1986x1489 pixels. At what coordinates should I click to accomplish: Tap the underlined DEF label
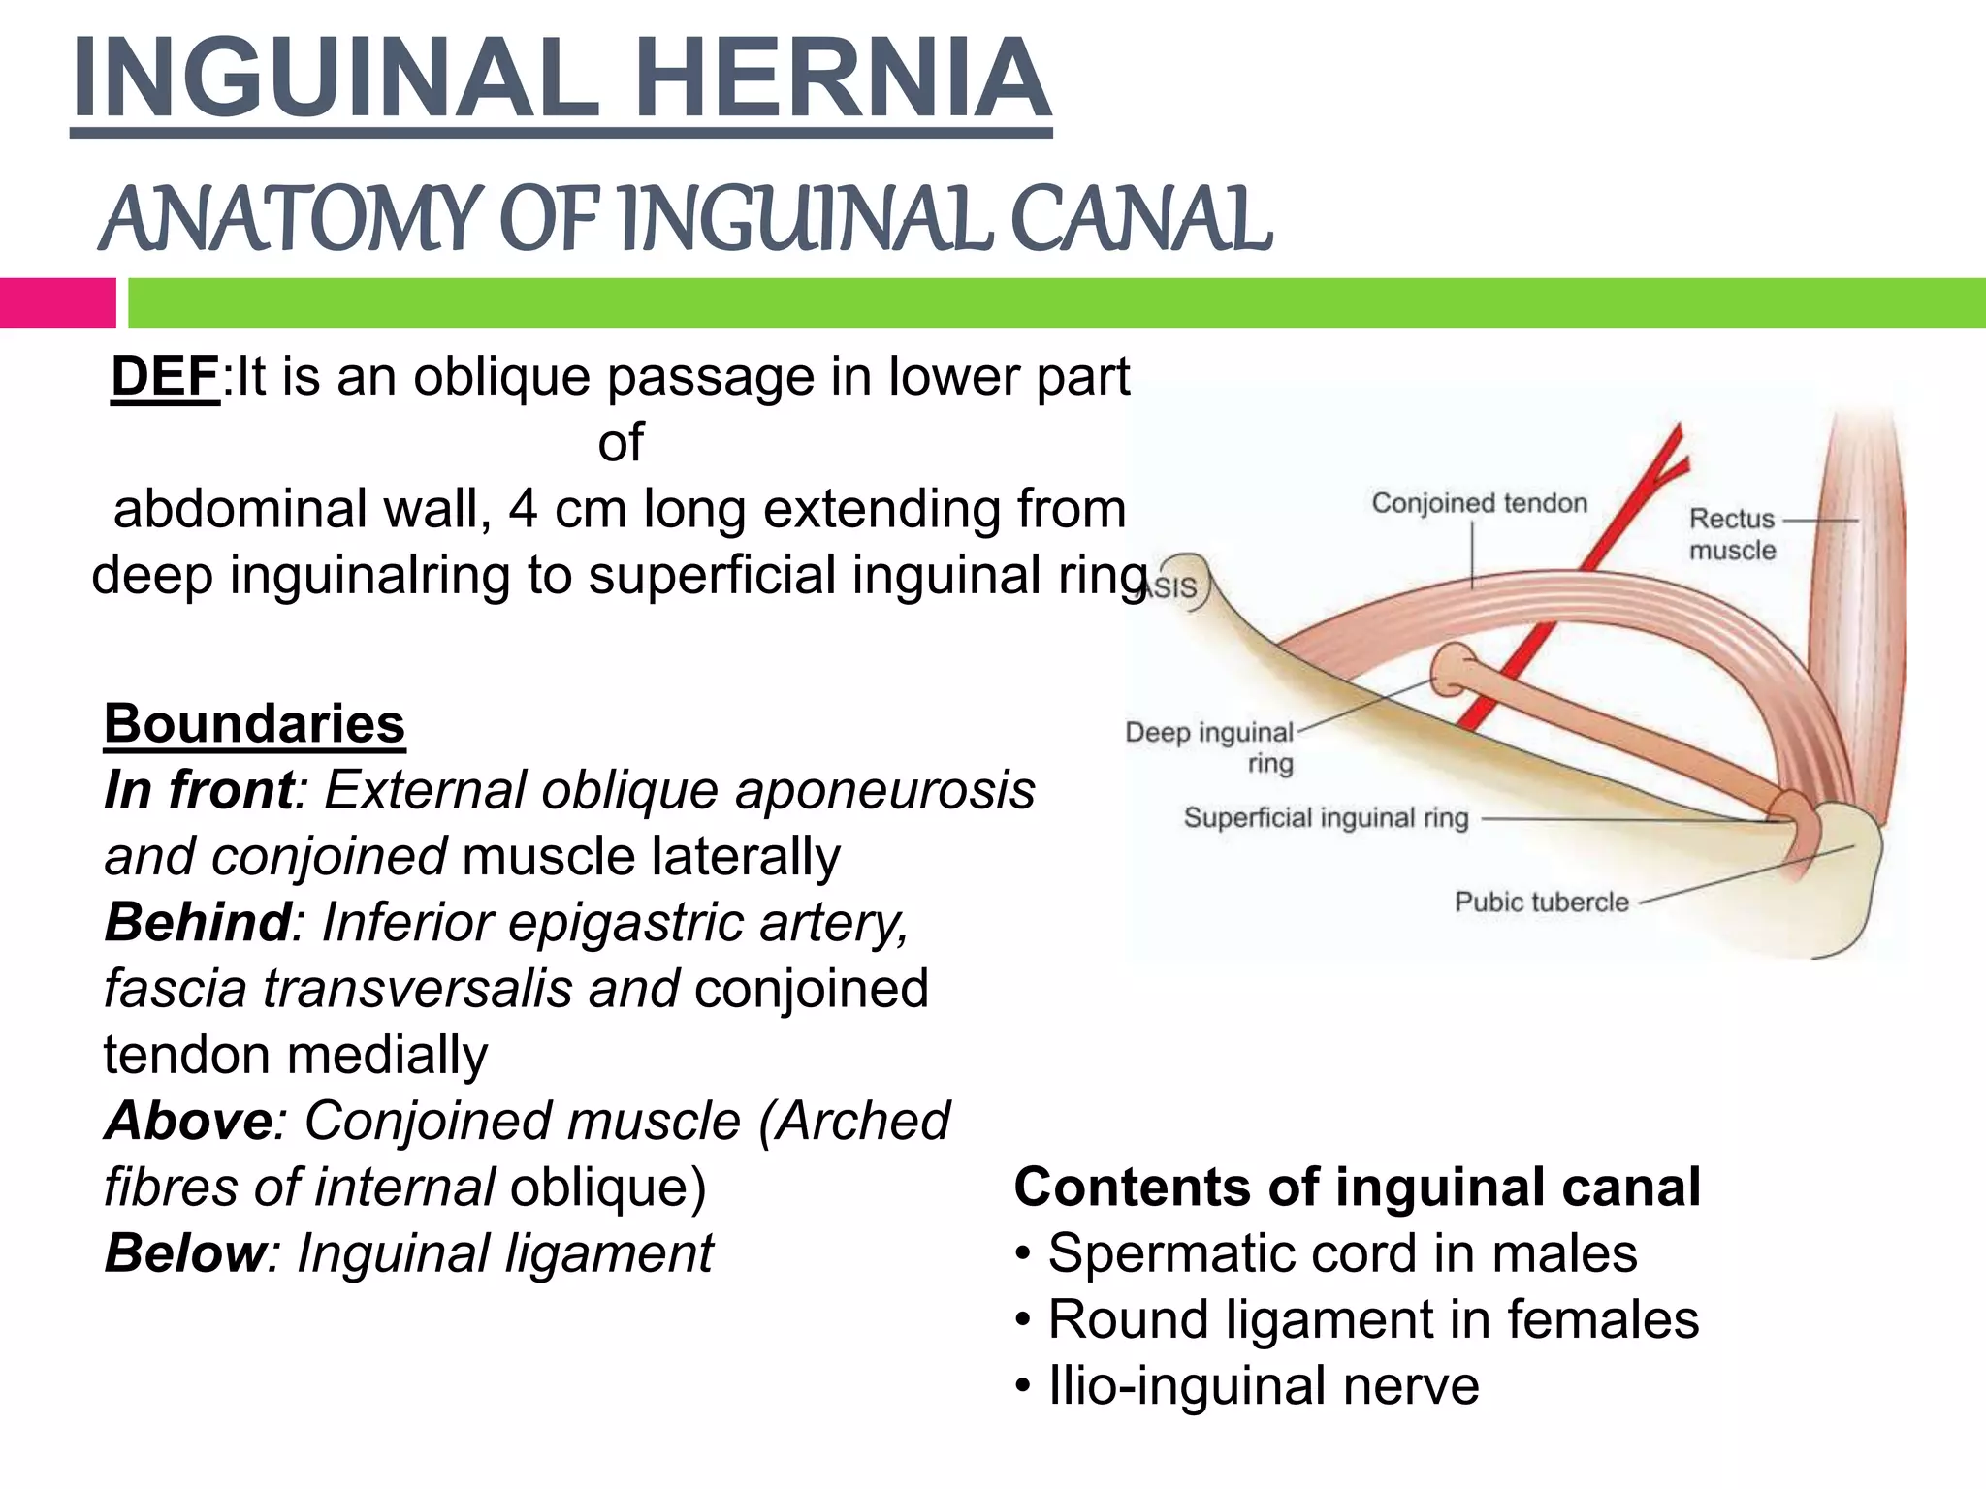point(165,376)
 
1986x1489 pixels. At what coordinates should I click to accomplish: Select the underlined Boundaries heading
point(254,723)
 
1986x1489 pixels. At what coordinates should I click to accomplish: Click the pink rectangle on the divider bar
point(57,302)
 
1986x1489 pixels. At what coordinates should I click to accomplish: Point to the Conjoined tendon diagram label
point(1479,503)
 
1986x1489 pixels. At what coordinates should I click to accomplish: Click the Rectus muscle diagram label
point(1732,534)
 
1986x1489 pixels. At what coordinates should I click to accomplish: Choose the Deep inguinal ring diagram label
point(1210,746)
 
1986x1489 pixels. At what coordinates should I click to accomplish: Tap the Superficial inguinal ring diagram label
point(1326,818)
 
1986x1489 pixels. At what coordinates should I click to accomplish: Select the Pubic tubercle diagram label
point(1541,903)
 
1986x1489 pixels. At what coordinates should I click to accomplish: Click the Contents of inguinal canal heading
point(1357,1187)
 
